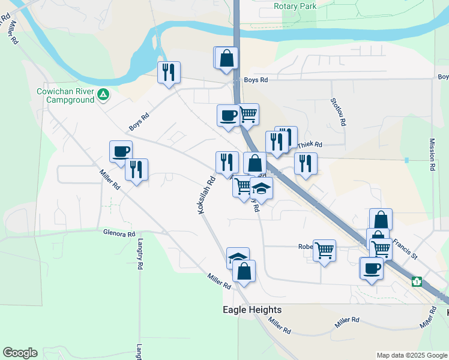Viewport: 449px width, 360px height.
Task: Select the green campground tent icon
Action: (x=103, y=94)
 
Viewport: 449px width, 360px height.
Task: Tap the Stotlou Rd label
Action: (x=340, y=112)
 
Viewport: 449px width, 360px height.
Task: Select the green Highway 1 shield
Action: (x=417, y=281)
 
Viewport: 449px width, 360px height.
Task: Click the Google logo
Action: (x=20, y=353)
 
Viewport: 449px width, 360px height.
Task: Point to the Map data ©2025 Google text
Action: (x=411, y=355)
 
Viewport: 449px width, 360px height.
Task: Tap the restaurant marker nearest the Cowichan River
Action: (x=169, y=73)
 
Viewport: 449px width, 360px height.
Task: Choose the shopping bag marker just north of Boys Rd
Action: (x=227, y=59)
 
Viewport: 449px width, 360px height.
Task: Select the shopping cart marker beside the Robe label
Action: (x=325, y=250)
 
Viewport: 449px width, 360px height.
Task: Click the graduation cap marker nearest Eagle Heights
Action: (x=238, y=258)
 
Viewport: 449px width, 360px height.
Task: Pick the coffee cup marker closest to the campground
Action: (x=121, y=151)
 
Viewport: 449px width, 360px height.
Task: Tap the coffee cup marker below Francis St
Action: (x=371, y=268)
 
